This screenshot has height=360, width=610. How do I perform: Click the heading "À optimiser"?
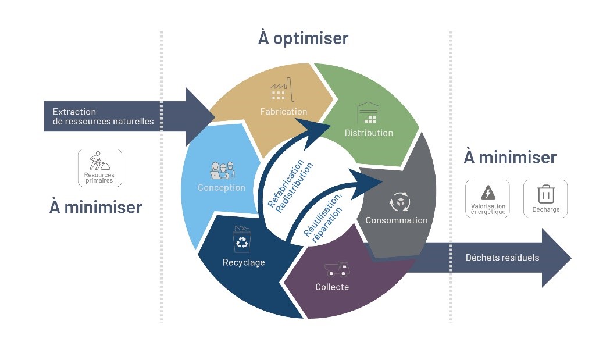(x=303, y=38)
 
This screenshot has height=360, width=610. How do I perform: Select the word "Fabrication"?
(x=284, y=111)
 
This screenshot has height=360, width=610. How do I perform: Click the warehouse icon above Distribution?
(x=368, y=113)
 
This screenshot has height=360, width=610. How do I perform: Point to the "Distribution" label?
(x=369, y=133)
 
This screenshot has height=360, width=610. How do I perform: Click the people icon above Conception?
(x=222, y=170)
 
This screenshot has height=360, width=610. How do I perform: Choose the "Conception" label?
(x=222, y=187)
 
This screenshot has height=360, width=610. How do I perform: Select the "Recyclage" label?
(x=244, y=262)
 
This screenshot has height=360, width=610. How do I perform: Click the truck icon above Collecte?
(x=336, y=269)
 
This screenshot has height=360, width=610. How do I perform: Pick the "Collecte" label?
(x=332, y=287)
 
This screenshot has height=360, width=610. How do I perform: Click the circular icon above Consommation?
(x=399, y=202)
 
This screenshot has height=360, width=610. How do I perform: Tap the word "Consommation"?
(x=397, y=220)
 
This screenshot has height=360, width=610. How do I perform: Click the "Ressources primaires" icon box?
(x=99, y=167)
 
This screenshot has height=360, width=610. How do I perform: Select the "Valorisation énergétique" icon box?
(x=487, y=198)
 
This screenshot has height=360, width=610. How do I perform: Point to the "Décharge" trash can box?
(x=545, y=198)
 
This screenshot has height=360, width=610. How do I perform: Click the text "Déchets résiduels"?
(x=502, y=258)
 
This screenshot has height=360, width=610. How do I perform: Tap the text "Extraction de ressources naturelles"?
(x=103, y=116)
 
